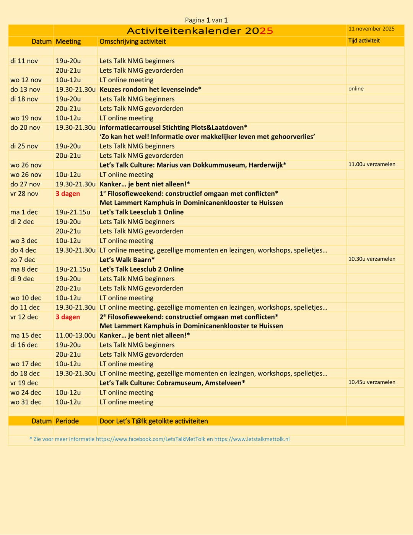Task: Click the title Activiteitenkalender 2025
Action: click(200, 31)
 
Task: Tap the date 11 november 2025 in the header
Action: click(371, 29)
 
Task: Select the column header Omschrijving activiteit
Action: click(133, 41)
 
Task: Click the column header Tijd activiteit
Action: click(364, 41)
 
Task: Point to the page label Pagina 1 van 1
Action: click(206, 20)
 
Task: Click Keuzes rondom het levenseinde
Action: click(150, 90)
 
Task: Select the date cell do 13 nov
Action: click(25, 90)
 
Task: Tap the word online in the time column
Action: click(356, 89)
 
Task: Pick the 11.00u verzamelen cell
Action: click(372, 164)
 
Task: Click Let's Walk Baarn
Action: click(127, 260)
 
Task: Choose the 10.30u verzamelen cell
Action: click(372, 259)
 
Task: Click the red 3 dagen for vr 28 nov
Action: click(68, 194)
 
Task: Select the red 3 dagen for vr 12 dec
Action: click(68, 317)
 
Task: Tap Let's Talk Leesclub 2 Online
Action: click(141, 269)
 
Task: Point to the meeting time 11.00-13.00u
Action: click(75, 335)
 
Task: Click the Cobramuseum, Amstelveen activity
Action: click(172, 383)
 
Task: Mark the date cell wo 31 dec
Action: click(26, 402)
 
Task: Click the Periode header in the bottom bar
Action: click(67, 421)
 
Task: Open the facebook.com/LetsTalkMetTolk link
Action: click(151, 439)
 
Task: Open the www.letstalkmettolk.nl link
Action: click(252, 439)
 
